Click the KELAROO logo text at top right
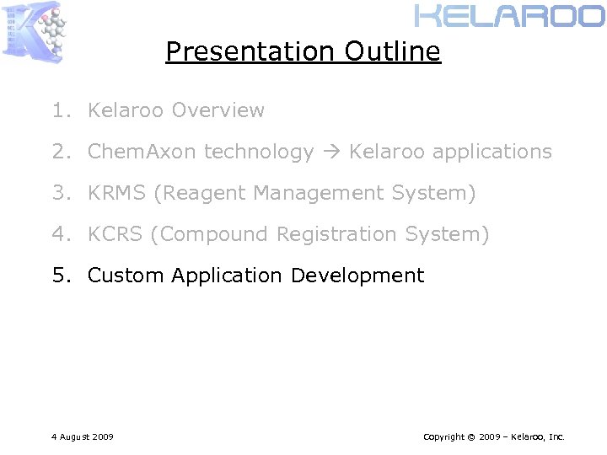[x=510, y=16]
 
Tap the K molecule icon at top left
[x=35, y=31]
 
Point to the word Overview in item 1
[x=218, y=110]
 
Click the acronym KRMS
[x=117, y=193]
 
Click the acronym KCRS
[x=115, y=234]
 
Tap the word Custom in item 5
[x=126, y=276]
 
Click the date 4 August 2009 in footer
[x=83, y=436]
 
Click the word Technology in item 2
[x=259, y=153]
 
